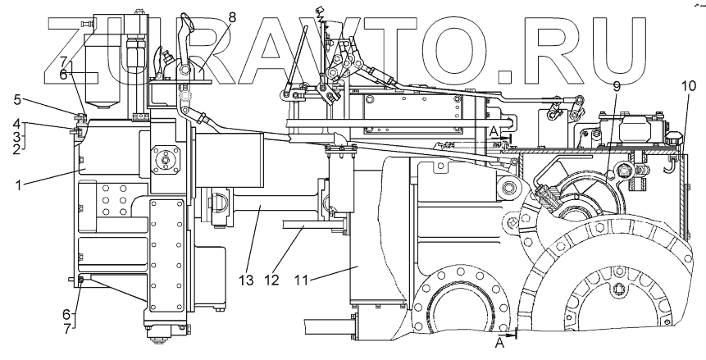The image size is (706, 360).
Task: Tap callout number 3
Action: tap(16, 136)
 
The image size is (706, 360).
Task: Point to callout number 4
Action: tap(16, 125)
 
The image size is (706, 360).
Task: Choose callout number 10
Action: tap(686, 84)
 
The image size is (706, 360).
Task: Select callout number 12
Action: tap(273, 280)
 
